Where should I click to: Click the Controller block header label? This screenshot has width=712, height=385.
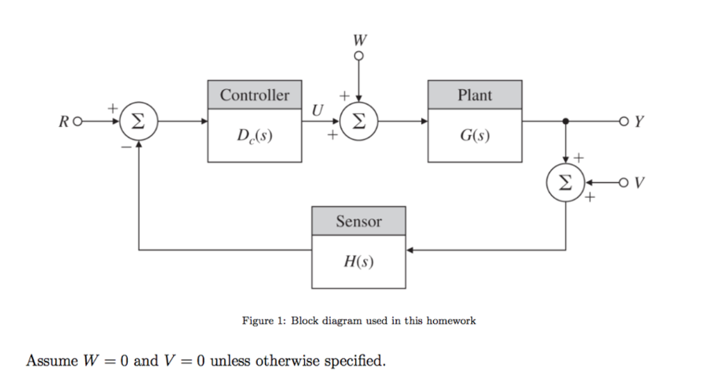(x=254, y=95)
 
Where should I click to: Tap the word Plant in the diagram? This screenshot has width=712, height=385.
(x=475, y=95)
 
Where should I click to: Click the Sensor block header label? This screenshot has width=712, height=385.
(x=359, y=221)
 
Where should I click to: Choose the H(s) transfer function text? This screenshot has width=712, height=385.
(x=359, y=262)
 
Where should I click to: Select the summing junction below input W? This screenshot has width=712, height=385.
(x=359, y=121)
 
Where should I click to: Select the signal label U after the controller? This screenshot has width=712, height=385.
(x=318, y=110)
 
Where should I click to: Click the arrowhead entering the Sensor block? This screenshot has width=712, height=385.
(x=411, y=249)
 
